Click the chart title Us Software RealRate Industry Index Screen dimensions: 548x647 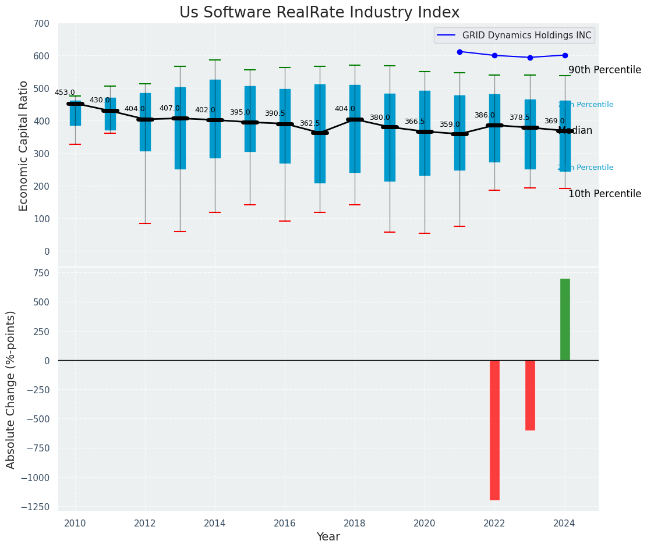click(x=319, y=13)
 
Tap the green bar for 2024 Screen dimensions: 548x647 click(x=565, y=319)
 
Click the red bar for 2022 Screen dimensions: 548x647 click(x=494, y=430)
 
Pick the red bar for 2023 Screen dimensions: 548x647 click(x=530, y=395)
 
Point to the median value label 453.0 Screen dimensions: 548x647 click(x=65, y=92)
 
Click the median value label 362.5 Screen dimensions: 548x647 click(x=310, y=123)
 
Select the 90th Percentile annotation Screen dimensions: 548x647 click(x=604, y=70)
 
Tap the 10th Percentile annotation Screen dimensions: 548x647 click(x=604, y=194)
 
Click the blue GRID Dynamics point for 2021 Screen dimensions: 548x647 click(x=459, y=52)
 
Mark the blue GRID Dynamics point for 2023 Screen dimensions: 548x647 click(x=530, y=58)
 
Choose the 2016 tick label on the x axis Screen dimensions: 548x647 click(x=285, y=523)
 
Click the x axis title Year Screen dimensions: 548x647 click(x=328, y=537)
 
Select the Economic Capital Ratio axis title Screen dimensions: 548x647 click(x=23, y=145)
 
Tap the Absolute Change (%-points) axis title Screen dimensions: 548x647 click(x=11, y=389)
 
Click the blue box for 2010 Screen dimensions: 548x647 click(x=75, y=113)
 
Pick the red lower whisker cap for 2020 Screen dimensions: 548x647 click(x=425, y=233)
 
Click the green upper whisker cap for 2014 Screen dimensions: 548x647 click(x=215, y=60)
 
